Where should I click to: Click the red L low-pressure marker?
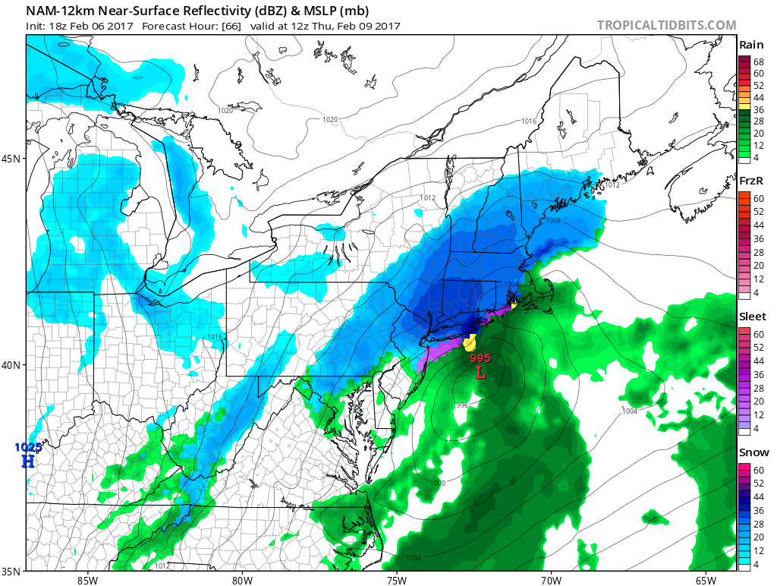click(480, 373)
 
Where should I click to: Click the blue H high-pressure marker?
click(28, 461)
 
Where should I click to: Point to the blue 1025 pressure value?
click(29, 448)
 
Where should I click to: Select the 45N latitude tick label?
click(11, 159)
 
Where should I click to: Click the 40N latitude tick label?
click(11, 365)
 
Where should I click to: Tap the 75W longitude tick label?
click(396, 581)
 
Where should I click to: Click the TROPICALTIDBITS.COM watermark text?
click(666, 25)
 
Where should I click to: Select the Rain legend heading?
click(751, 45)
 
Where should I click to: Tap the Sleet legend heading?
click(752, 317)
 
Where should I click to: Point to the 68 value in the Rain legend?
click(758, 61)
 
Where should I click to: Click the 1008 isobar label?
click(552, 221)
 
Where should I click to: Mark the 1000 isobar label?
click(438, 483)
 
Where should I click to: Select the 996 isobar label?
click(461, 405)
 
